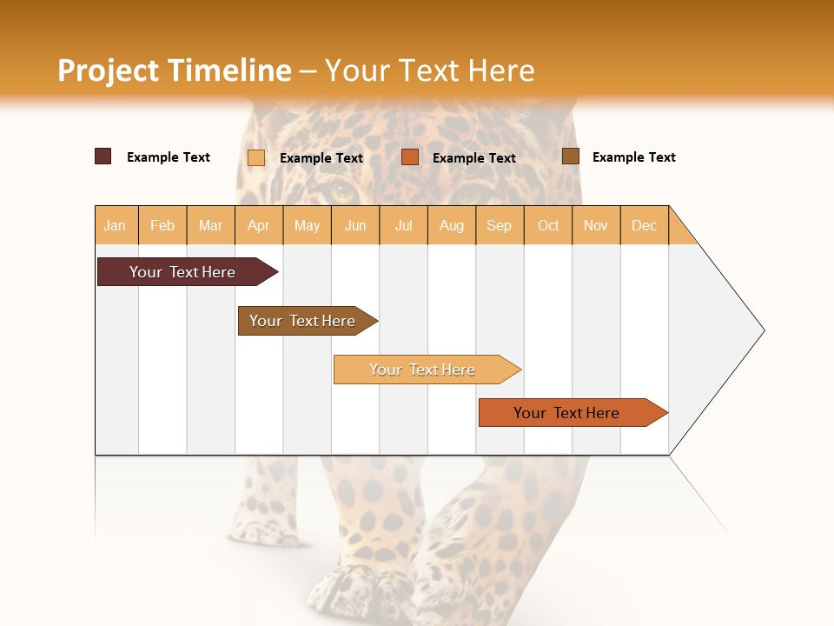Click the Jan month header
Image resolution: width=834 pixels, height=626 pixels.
pyautogui.click(x=116, y=225)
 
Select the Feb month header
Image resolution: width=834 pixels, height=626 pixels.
pyautogui.click(x=162, y=225)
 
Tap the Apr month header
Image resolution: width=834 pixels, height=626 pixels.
pyautogui.click(x=259, y=225)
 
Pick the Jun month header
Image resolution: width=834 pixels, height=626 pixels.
pyautogui.click(x=355, y=225)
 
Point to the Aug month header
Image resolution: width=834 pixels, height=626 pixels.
pyautogui.click(x=452, y=225)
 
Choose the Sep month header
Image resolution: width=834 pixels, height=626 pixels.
pyautogui.click(x=500, y=225)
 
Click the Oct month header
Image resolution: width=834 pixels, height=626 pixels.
pyautogui.click(x=548, y=225)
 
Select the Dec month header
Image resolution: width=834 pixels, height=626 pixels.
pyautogui.click(x=645, y=225)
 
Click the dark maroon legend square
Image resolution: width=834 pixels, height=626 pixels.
pyautogui.click(x=103, y=156)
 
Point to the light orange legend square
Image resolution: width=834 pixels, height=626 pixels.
pyautogui.click(x=255, y=157)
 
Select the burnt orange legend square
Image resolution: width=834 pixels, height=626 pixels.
pyautogui.click(x=410, y=157)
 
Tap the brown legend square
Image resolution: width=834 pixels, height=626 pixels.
pyautogui.click(x=570, y=156)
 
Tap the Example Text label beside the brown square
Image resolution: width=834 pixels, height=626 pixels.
pyautogui.click(x=633, y=157)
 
